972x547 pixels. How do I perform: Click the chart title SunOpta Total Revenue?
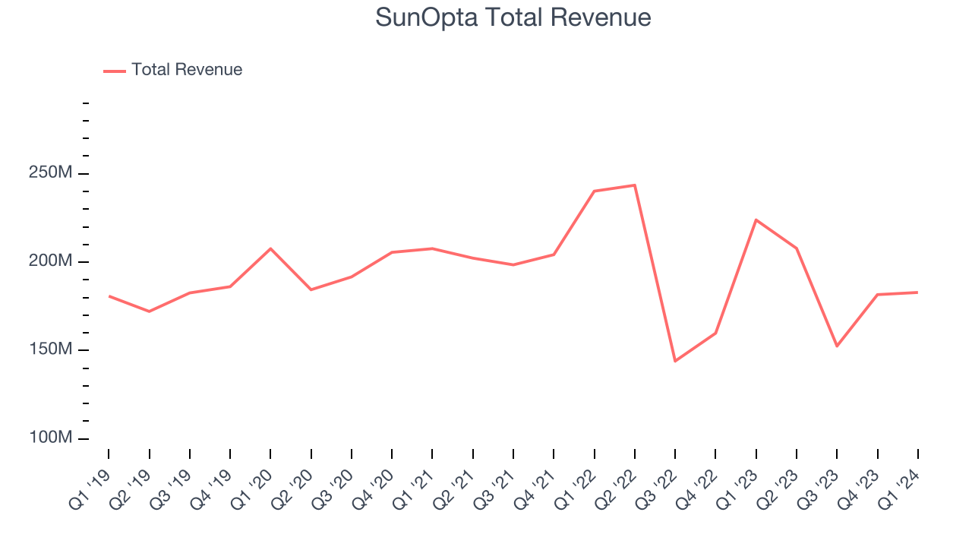(x=513, y=17)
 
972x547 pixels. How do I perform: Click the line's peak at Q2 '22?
(x=635, y=185)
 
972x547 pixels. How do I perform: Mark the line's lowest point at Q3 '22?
(x=675, y=361)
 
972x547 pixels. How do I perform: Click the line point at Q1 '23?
(x=756, y=220)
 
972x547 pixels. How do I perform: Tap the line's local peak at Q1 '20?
(x=270, y=248)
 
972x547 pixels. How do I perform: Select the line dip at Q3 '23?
(x=837, y=346)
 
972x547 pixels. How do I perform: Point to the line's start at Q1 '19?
(x=109, y=296)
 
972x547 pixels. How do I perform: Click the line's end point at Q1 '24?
(x=918, y=292)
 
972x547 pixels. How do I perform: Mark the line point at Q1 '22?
(x=595, y=191)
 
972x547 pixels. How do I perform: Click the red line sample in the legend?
(x=115, y=71)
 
